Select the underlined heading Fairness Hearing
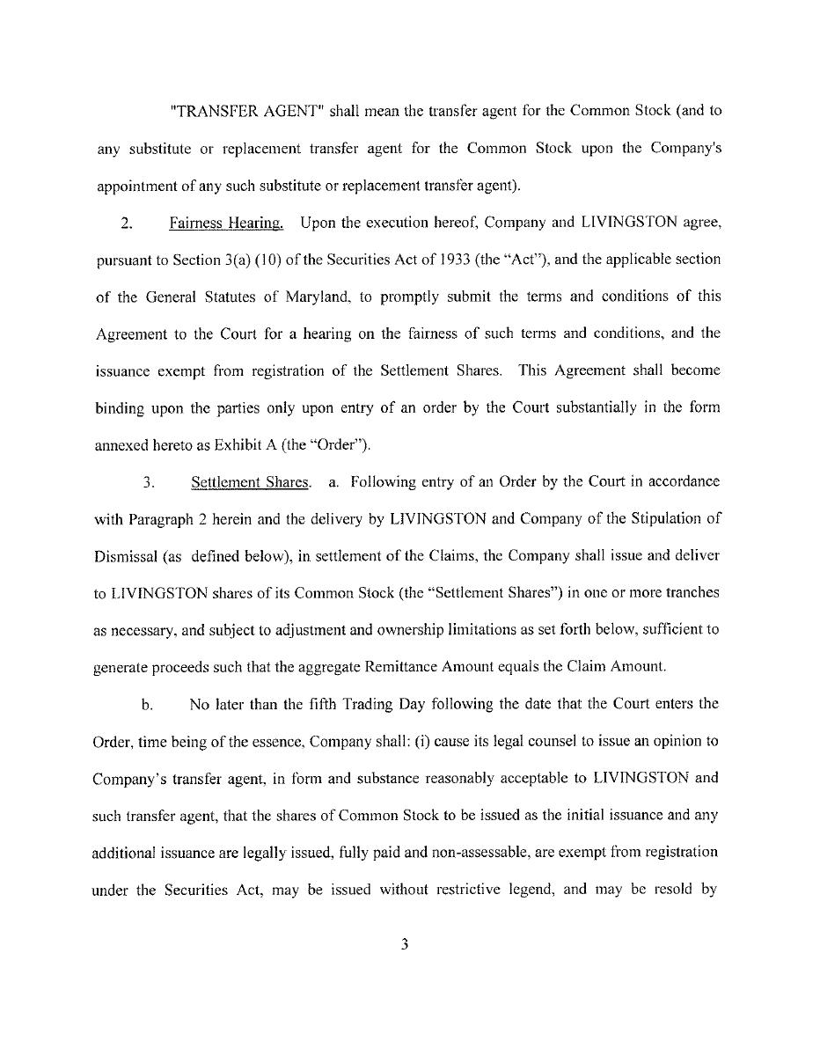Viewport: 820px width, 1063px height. (x=226, y=224)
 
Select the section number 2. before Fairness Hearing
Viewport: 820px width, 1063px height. (x=127, y=224)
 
